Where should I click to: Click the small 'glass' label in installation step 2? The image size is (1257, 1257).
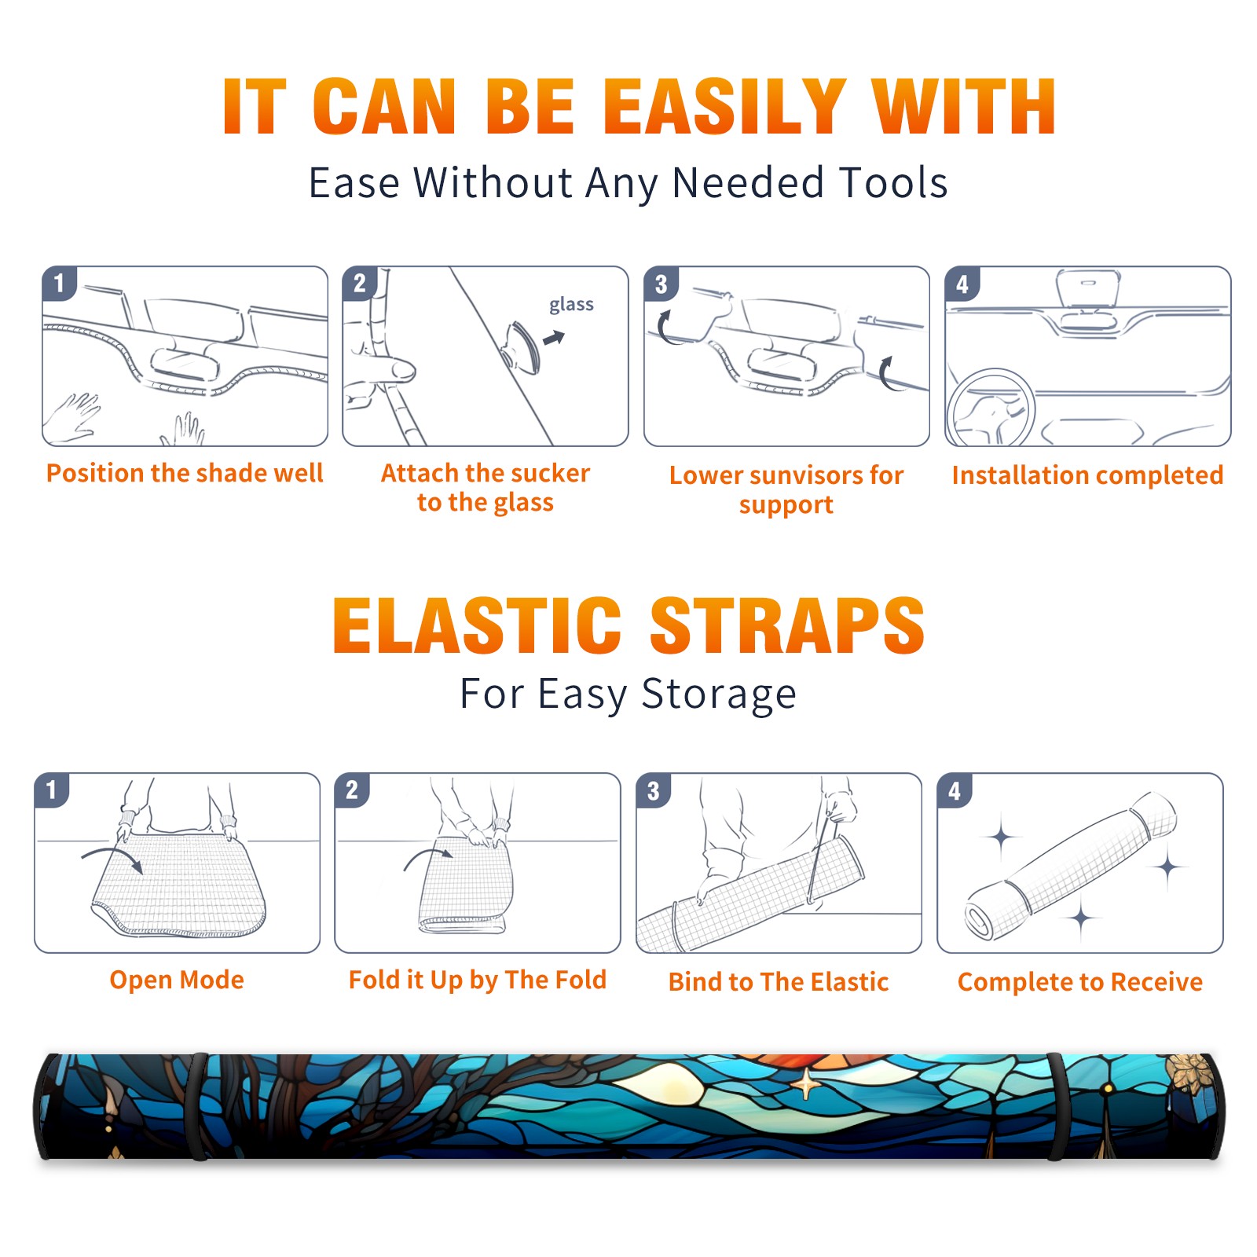571,305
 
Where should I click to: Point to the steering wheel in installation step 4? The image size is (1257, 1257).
990,408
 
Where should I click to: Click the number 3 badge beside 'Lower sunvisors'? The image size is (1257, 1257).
661,284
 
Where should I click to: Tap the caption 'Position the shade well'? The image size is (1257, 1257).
185,473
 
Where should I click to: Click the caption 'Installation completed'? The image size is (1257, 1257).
1087,475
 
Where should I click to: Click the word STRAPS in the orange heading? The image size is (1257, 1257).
787,625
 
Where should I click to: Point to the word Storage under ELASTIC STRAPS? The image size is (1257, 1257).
719,695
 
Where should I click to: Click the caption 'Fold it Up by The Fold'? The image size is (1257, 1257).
478,980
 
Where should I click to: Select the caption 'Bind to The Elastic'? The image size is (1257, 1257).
779,982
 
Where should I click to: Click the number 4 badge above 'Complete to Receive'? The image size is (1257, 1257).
955,790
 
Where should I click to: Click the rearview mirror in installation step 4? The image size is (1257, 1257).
1088,290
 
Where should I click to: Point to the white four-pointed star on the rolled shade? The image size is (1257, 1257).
805,1085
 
